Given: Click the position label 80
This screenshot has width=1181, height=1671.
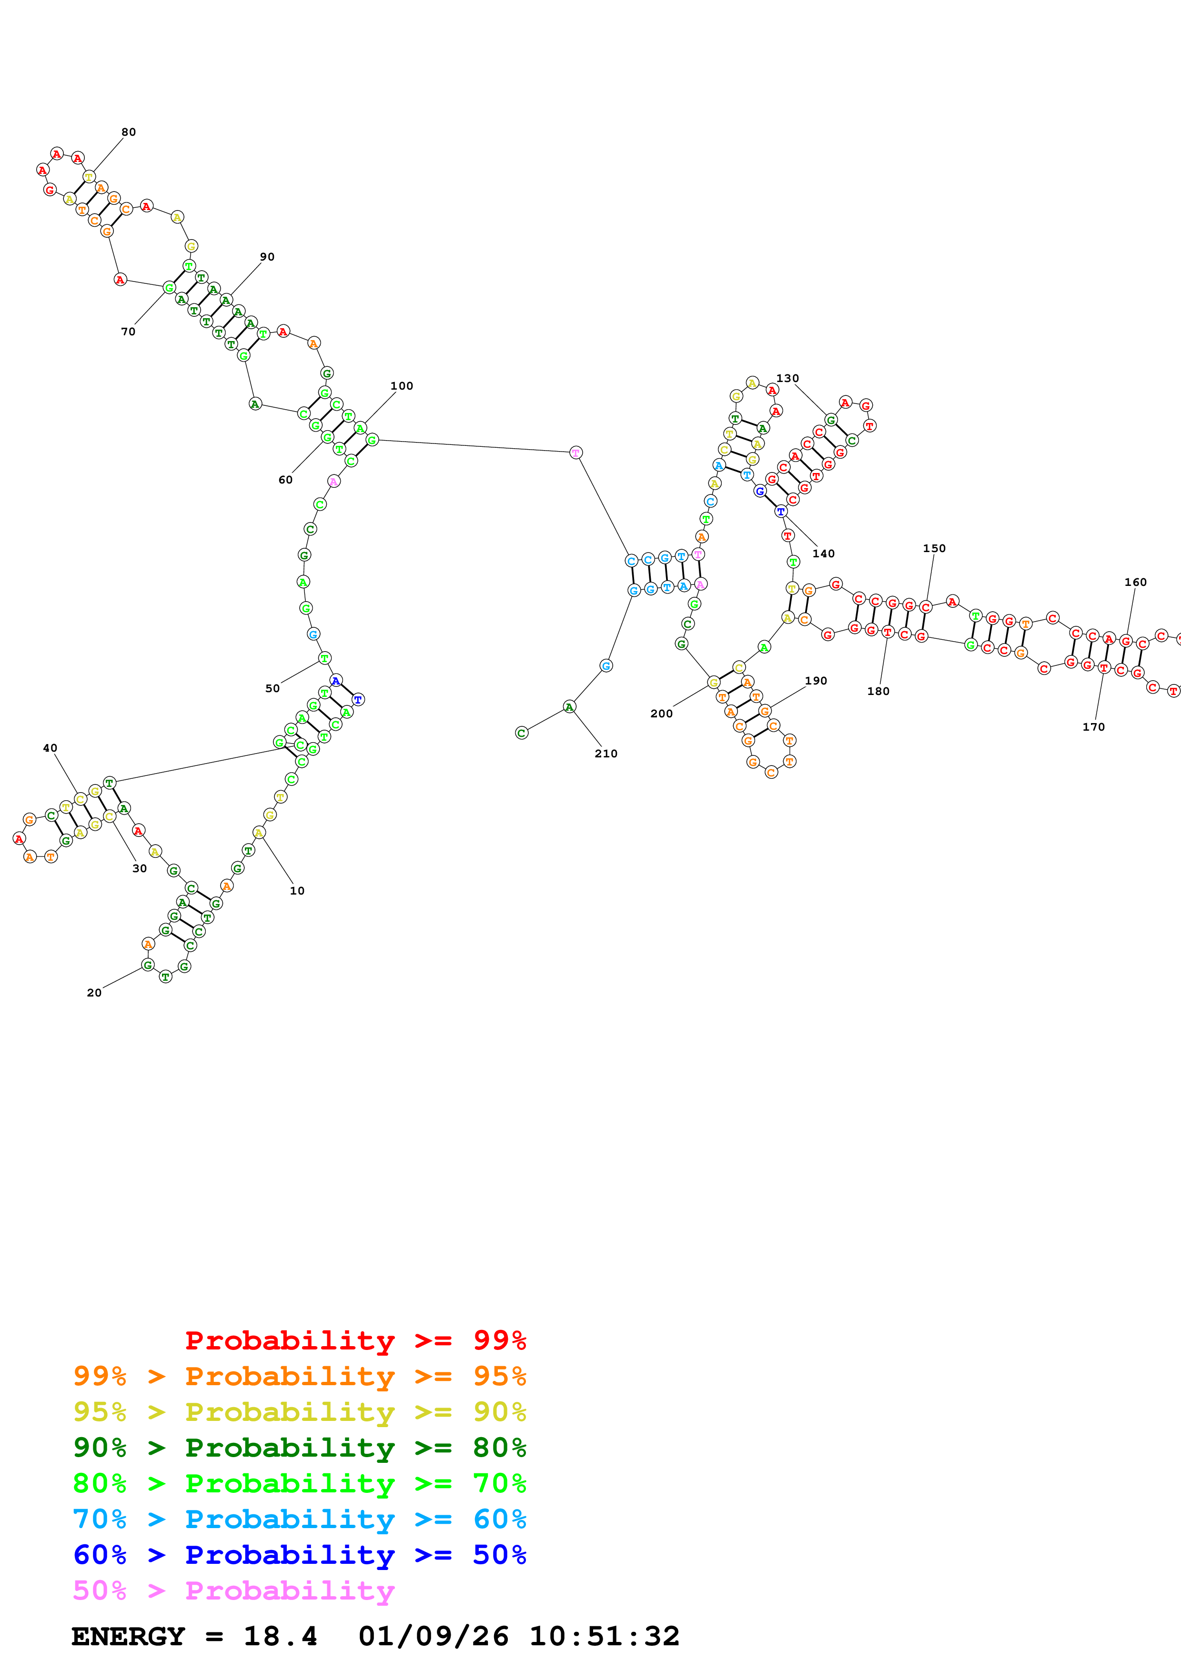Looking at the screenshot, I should (x=129, y=132).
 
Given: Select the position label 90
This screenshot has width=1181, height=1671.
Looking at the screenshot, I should (x=267, y=257).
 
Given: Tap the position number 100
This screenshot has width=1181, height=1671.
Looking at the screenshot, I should (x=402, y=386).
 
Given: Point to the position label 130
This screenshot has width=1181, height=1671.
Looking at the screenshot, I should (x=787, y=378).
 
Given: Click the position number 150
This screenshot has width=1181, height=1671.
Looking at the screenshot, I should (x=934, y=548).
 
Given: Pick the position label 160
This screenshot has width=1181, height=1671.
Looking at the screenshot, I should (x=1135, y=582).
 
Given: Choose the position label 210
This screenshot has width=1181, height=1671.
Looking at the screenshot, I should (x=606, y=753).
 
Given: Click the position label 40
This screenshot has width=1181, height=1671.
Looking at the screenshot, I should (x=50, y=748).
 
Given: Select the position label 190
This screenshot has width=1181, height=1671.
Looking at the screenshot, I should (x=816, y=681).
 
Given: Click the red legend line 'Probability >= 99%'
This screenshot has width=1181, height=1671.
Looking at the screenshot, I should (x=355, y=1340).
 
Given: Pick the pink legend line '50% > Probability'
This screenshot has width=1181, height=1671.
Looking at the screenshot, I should (x=233, y=1590).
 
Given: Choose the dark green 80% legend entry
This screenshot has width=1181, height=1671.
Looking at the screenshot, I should (x=299, y=1448).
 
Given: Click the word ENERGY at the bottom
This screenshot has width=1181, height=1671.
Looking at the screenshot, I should (x=128, y=1636).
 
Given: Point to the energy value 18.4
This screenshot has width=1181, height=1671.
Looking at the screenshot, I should (x=280, y=1636).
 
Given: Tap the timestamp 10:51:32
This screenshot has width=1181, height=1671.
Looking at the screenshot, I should (x=604, y=1636).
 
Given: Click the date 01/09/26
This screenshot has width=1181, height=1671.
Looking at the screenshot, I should (x=434, y=1636).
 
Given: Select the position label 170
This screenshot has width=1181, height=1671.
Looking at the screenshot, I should (x=1094, y=727).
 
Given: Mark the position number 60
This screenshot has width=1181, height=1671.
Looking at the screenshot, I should (x=286, y=480).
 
